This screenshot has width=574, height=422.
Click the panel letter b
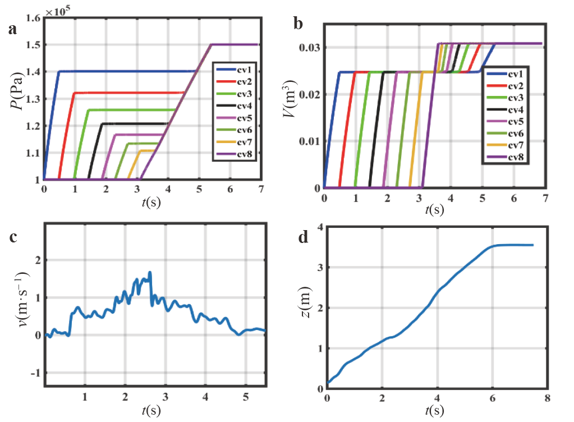click(x=299, y=24)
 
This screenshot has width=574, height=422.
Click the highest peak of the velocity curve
click(x=150, y=273)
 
